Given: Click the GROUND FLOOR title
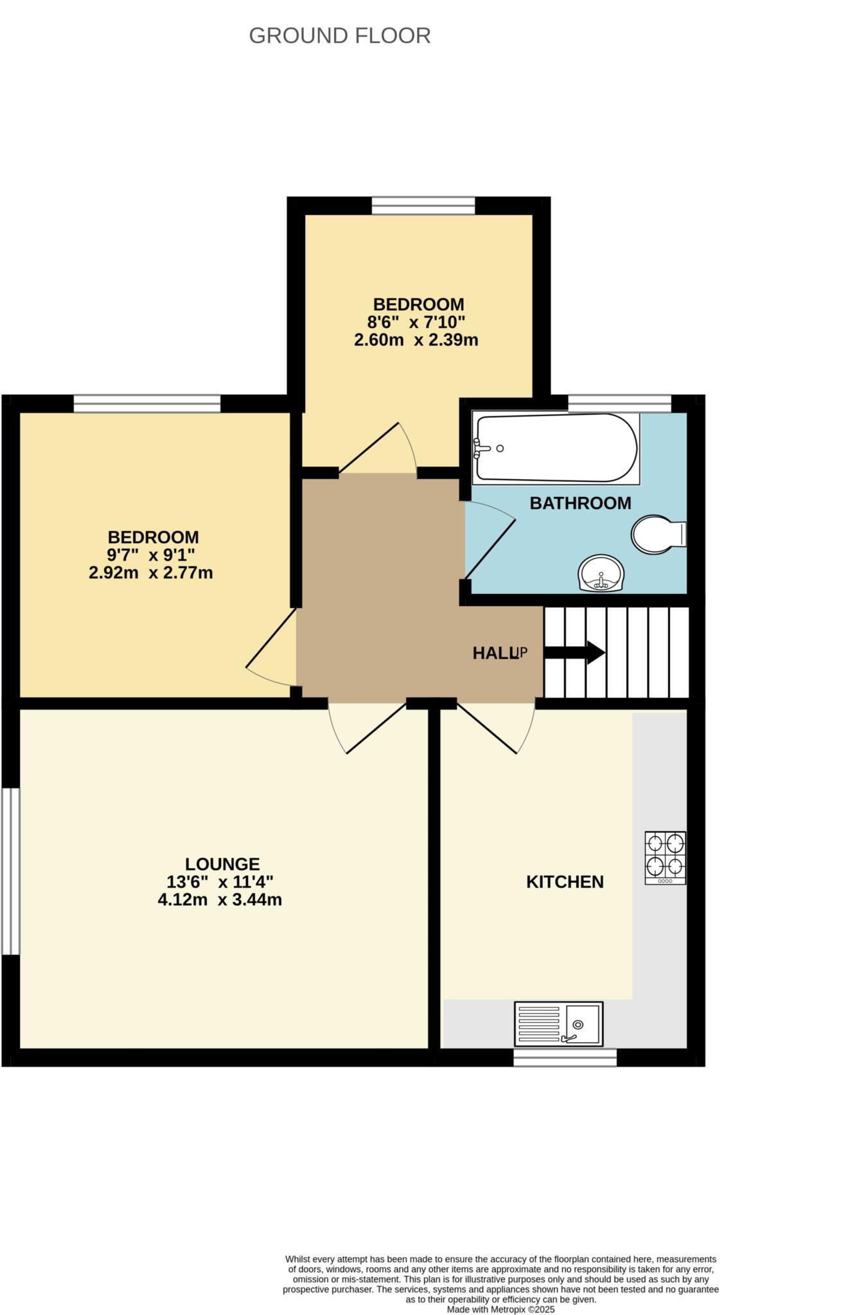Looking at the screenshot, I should (x=339, y=36).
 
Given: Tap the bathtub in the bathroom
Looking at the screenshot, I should (x=555, y=448).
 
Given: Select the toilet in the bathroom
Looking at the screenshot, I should (x=657, y=534).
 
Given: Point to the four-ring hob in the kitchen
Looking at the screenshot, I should (x=665, y=857).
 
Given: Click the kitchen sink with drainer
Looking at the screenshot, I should (x=558, y=1023).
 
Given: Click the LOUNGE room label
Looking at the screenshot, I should (x=222, y=864).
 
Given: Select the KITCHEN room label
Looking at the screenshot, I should (x=565, y=882).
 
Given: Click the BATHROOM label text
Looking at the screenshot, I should (x=580, y=503).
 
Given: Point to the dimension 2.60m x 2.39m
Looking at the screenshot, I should (x=416, y=340).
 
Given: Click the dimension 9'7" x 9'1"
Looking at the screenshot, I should (x=151, y=555).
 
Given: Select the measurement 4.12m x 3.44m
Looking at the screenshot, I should (x=220, y=900).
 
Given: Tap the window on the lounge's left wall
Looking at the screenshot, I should (x=10, y=871).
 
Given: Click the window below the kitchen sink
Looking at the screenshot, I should (x=565, y=1058).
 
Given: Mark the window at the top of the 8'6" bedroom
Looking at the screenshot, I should (x=423, y=205).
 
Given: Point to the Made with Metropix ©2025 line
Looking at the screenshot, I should (x=500, y=1309).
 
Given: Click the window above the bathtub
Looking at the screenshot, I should (x=619, y=403).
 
